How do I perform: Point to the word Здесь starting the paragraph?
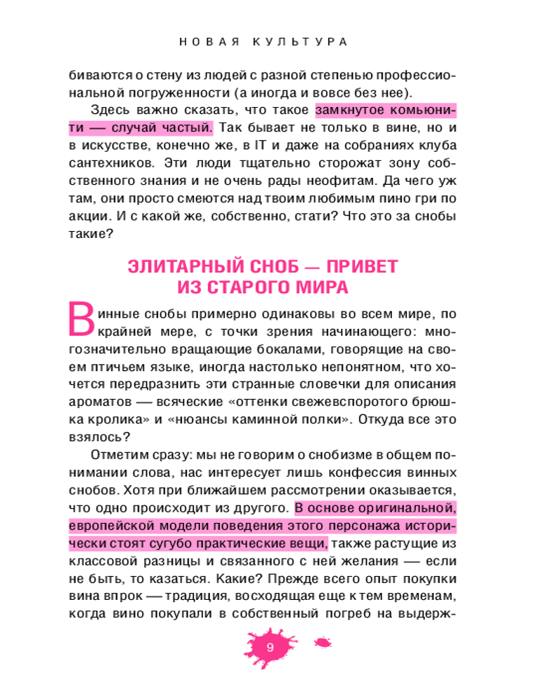(111, 111)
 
